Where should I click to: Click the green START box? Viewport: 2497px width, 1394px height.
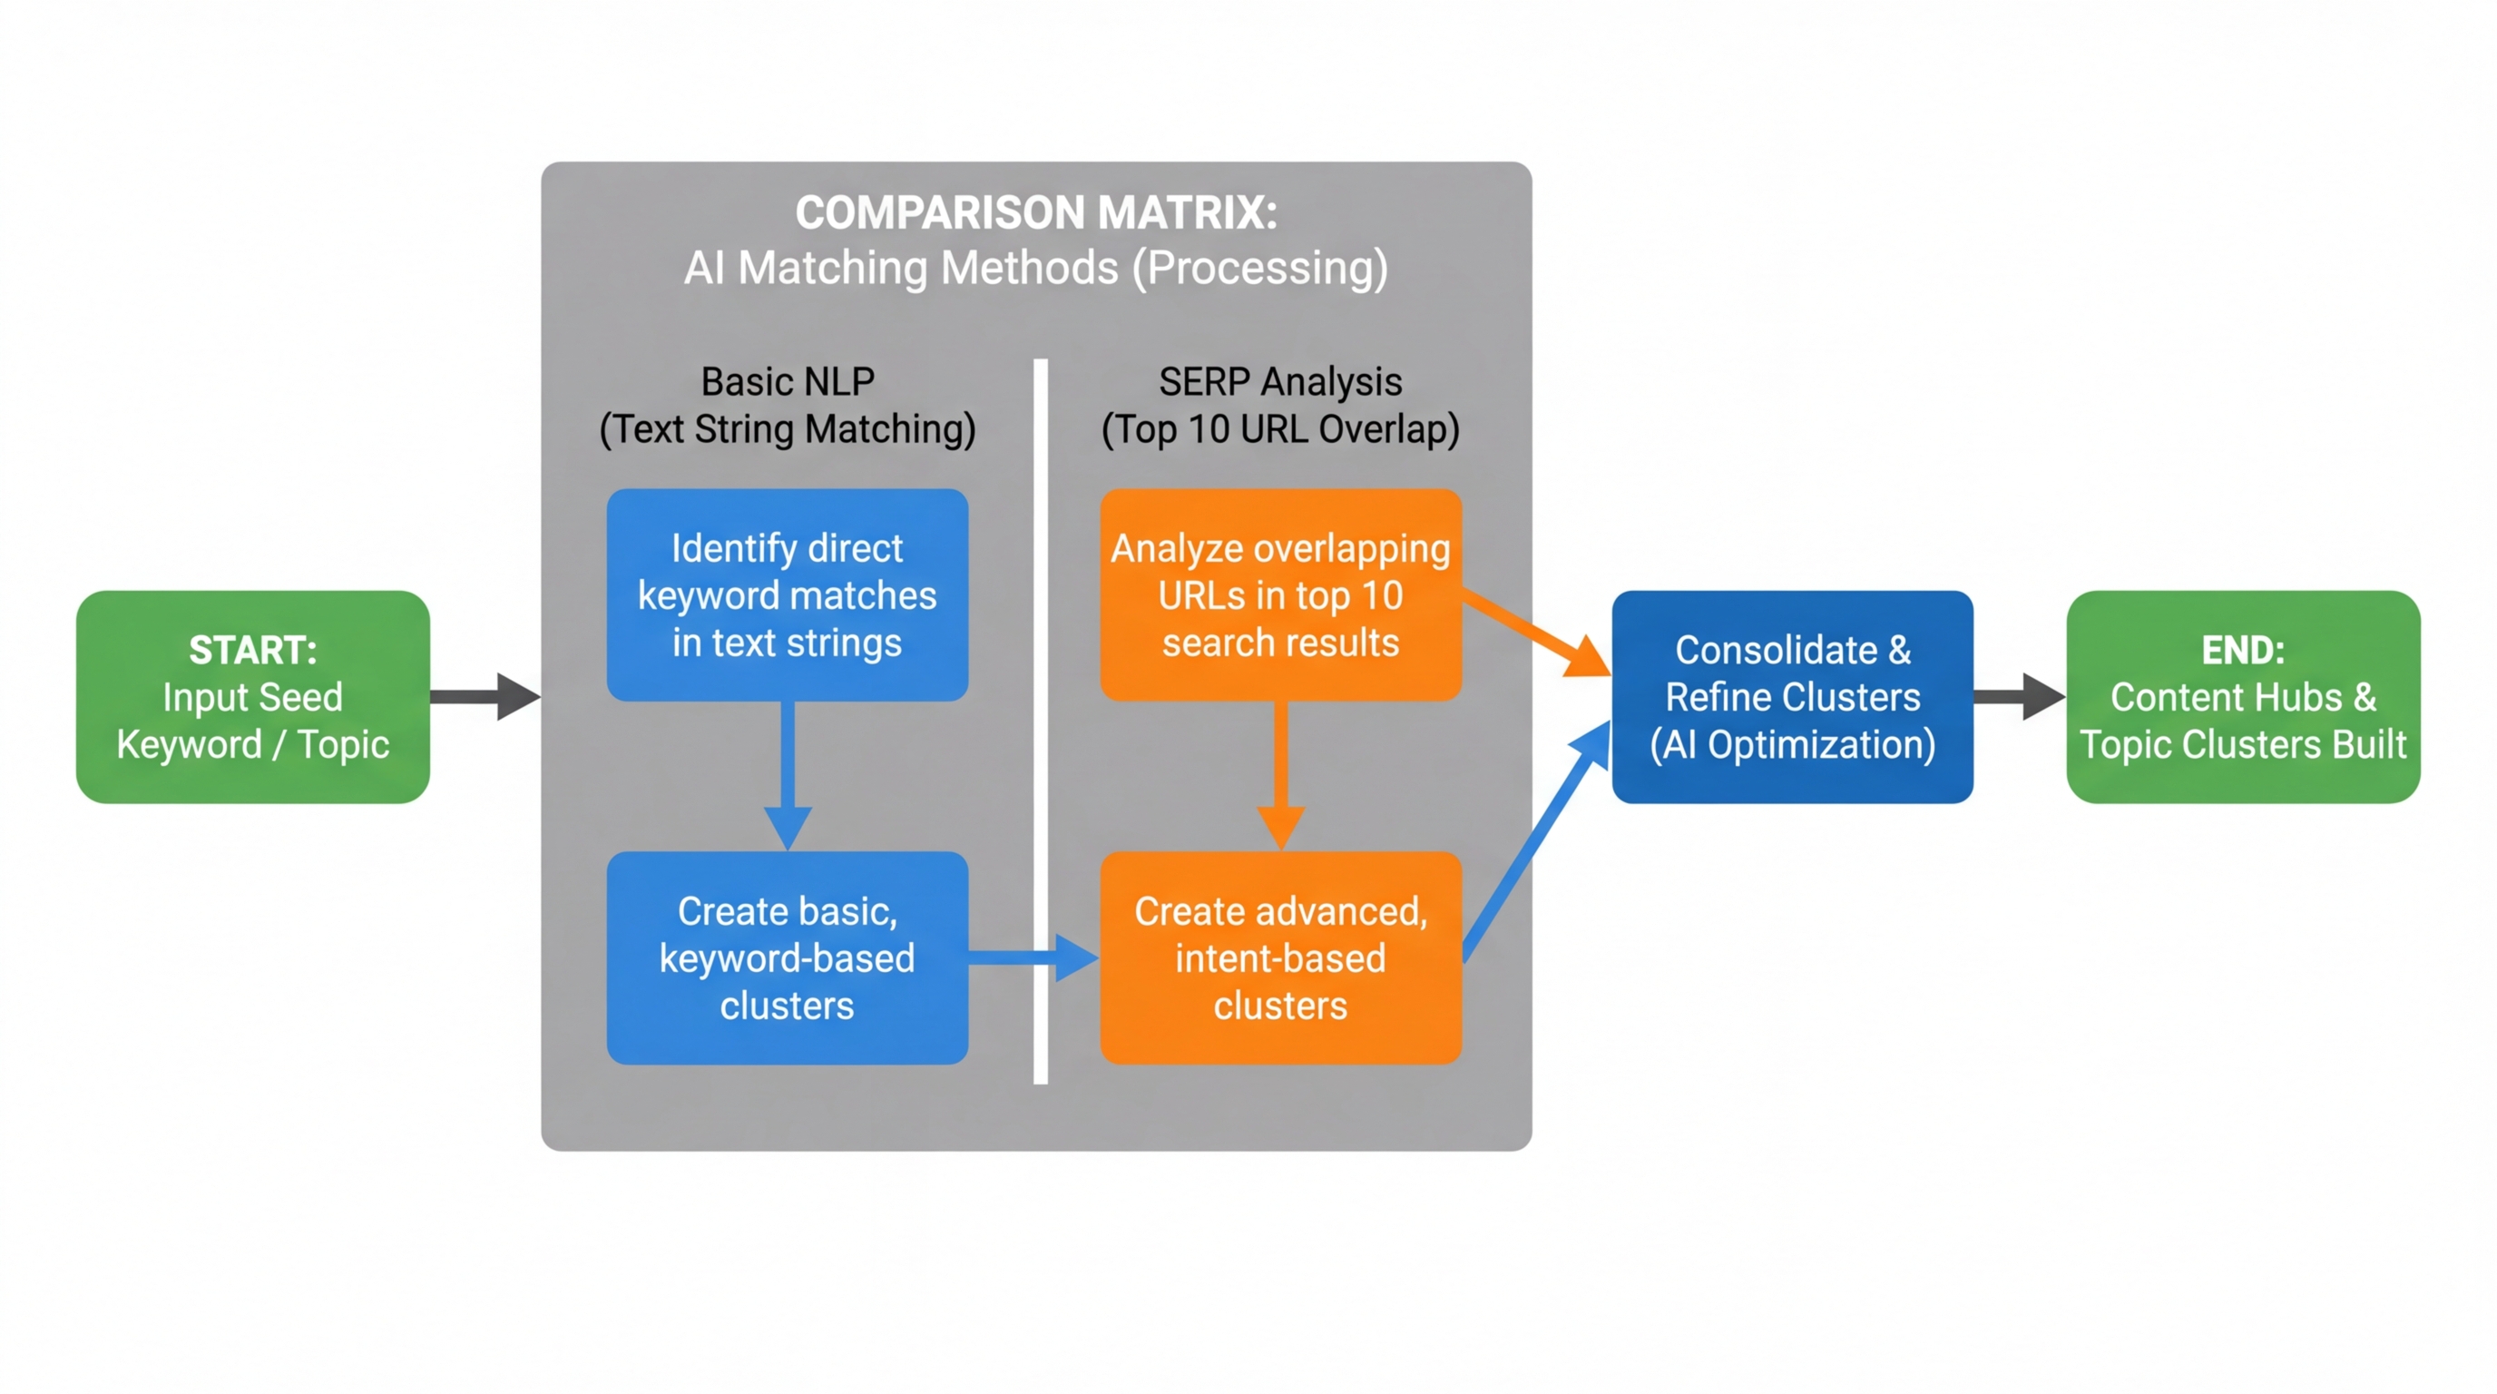pos(252,696)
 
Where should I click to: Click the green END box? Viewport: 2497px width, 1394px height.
pos(2242,696)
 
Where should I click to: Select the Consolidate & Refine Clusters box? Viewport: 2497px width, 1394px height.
pos(1791,696)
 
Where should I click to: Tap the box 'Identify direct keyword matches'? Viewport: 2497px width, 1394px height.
pos(787,594)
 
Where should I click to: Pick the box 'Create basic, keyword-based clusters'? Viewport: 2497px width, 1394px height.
pos(787,957)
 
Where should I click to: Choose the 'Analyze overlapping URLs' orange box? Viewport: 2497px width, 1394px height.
pos(1279,594)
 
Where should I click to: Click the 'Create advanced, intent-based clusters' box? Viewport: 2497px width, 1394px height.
pos(1279,957)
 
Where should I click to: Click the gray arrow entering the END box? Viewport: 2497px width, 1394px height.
pos(2016,696)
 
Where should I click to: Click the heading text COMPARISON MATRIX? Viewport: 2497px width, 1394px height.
pos(1035,212)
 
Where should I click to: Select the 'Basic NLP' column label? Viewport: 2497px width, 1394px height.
pos(787,381)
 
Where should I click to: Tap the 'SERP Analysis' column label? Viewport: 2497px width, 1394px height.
pos(1279,381)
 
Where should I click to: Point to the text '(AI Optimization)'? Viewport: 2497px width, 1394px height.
pos(1791,744)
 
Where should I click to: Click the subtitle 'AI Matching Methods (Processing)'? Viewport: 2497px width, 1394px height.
pos(1035,268)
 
